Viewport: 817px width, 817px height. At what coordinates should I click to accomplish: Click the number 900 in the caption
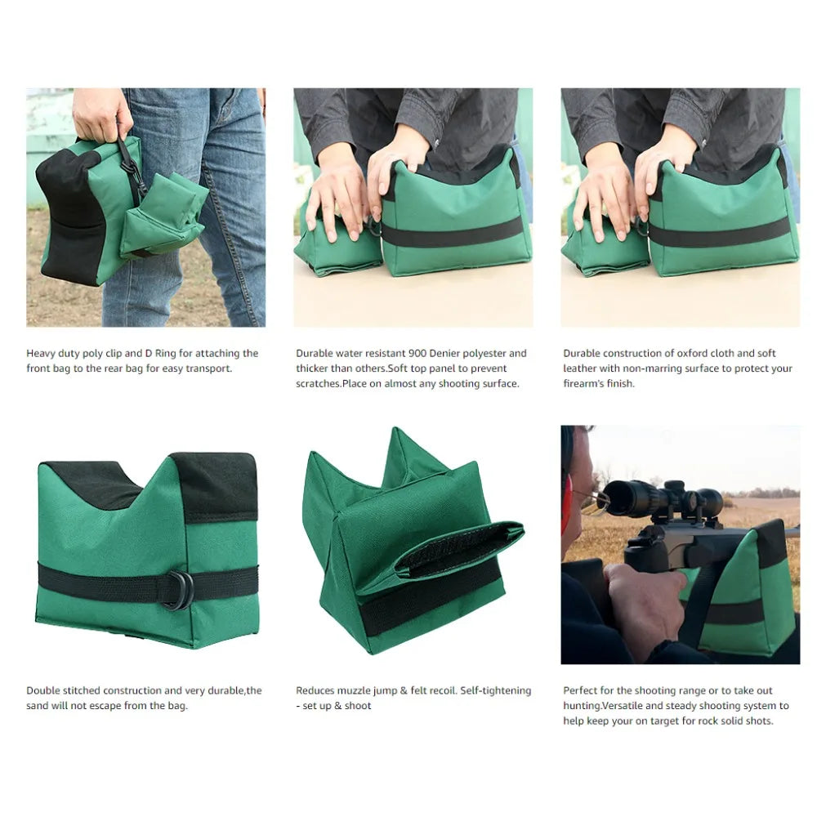pyautogui.click(x=417, y=353)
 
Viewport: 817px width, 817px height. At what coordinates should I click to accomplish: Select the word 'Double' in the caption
pyautogui.click(x=42, y=690)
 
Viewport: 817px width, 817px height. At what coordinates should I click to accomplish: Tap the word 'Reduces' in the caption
pyautogui.click(x=315, y=690)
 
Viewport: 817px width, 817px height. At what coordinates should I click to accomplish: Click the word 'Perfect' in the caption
pyautogui.click(x=580, y=690)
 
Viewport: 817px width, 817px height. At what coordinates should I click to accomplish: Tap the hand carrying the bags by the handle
pyautogui.click(x=101, y=114)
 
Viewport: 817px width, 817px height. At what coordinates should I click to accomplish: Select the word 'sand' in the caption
pyautogui.click(x=37, y=706)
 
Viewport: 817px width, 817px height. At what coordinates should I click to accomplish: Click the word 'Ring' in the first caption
pyautogui.click(x=165, y=354)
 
